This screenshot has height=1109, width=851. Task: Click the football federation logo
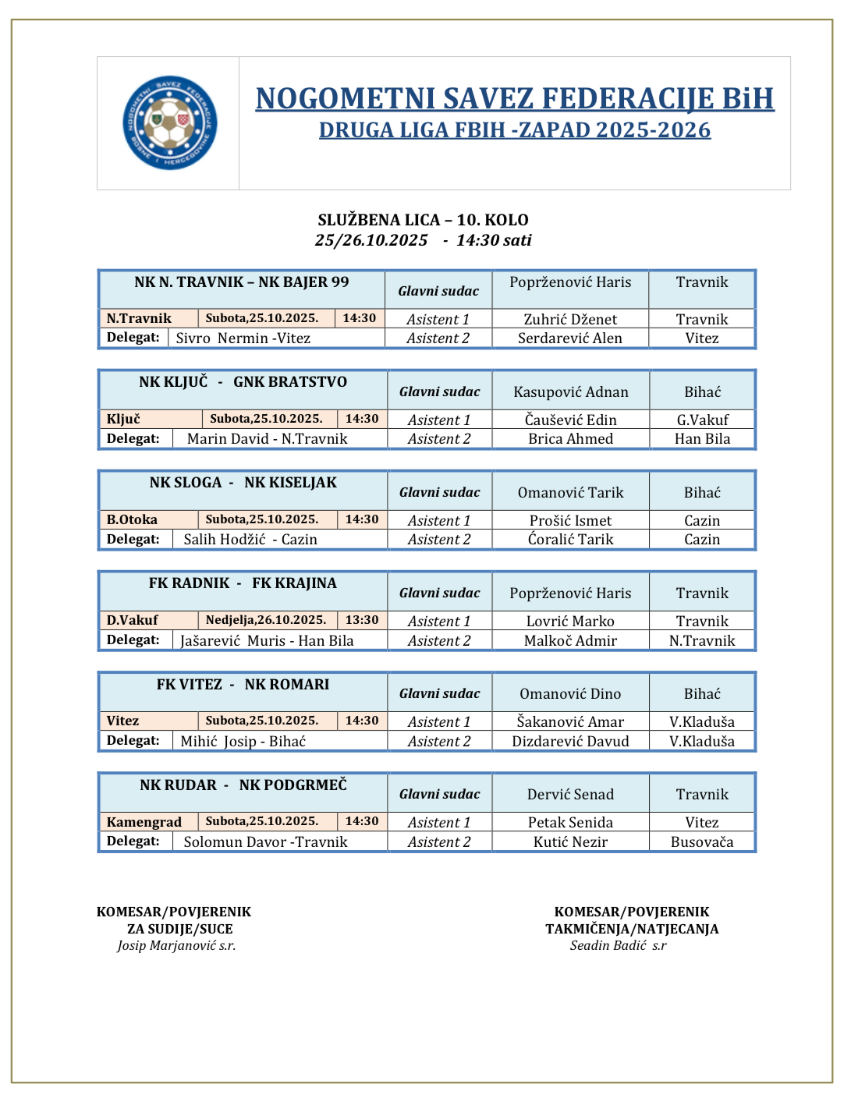(x=169, y=122)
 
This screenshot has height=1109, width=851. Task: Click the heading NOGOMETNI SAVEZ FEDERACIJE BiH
(x=515, y=99)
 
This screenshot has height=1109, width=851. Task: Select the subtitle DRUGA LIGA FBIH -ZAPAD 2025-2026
(x=515, y=130)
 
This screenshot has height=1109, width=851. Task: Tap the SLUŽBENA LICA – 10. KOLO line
(x=423, y=220)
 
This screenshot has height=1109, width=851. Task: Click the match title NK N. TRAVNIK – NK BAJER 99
(x=242, y=282)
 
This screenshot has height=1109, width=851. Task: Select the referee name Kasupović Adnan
(x=570, y=392)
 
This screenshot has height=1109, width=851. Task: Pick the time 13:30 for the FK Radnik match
(x=362, y=620)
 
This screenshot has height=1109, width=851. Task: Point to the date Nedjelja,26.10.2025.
(x=266, y=620)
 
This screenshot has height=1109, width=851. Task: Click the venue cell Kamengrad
(x=144, y=822)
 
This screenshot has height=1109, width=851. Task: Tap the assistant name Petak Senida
(x=570, y=822)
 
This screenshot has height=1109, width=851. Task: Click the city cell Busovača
(x=702, y=841)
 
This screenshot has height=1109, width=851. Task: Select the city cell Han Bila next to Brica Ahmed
(x=702, y=438)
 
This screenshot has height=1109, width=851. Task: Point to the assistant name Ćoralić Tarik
(x=570, y=539)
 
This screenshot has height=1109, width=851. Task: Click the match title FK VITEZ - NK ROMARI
(x=243, y=685)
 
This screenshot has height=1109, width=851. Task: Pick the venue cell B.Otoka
(x=132, y=519)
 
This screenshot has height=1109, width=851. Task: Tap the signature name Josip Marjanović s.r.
(x=176, y=945)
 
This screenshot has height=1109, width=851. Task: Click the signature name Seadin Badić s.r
(x=618, y=945)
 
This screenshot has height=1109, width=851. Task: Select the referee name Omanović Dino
(x=570, y=693)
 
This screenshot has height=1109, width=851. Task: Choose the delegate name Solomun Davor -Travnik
(x=265, y=841)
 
